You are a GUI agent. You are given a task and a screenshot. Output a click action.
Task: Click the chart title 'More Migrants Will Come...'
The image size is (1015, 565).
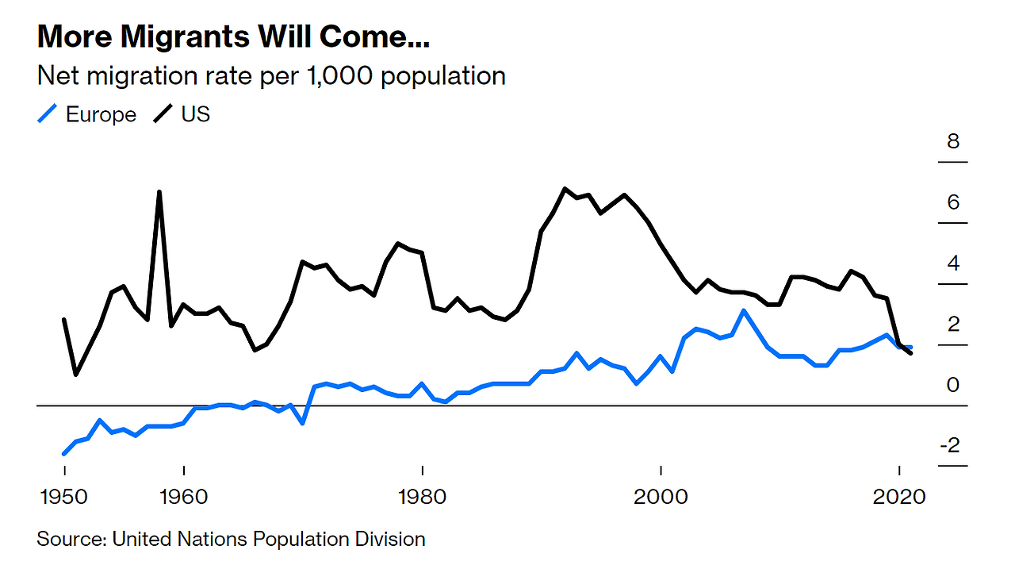click(x=237, y=37)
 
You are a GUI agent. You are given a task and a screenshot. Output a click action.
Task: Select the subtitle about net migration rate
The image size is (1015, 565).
click(x=271, y=76)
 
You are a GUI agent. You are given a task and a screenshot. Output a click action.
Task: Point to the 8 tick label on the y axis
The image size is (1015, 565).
click(x=953, y=142)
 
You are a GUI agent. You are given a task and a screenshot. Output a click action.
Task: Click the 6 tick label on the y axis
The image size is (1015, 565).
click(x=953, y=202)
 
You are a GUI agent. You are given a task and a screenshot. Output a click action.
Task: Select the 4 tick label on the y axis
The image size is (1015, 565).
click(x=953, y=263)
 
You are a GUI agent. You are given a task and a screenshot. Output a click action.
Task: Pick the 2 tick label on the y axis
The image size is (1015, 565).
click(x=953, y=324)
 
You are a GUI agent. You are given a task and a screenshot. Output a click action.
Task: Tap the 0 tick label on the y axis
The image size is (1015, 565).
click(x=953, y=385)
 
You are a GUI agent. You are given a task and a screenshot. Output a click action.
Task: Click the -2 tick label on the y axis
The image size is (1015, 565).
click(x=949, y=445)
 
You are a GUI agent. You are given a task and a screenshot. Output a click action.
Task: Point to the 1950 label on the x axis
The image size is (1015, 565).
click(x=64, y=497)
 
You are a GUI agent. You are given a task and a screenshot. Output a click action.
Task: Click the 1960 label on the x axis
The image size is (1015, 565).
click(x=183, y=497)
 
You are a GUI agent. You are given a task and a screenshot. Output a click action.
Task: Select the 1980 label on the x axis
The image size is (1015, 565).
click(x=422, y=497)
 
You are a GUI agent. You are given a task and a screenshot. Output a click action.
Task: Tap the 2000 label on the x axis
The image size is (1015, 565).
click(x=661, y=497)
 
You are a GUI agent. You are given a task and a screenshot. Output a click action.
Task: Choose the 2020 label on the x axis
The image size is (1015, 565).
click(x=899, y=497)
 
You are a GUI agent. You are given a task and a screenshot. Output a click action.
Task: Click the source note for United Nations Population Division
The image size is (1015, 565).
click(x=231, y=540)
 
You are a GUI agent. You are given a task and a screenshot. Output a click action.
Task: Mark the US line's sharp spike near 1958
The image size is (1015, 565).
click(x=159, y=192)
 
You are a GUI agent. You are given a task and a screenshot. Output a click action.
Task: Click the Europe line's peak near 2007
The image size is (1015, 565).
click(x=743, y=310)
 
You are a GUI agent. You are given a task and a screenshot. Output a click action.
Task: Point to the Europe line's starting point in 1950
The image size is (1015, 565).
click(x=64, y=454)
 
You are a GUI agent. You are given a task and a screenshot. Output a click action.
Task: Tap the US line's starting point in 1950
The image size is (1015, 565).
click(x=64, y=320)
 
